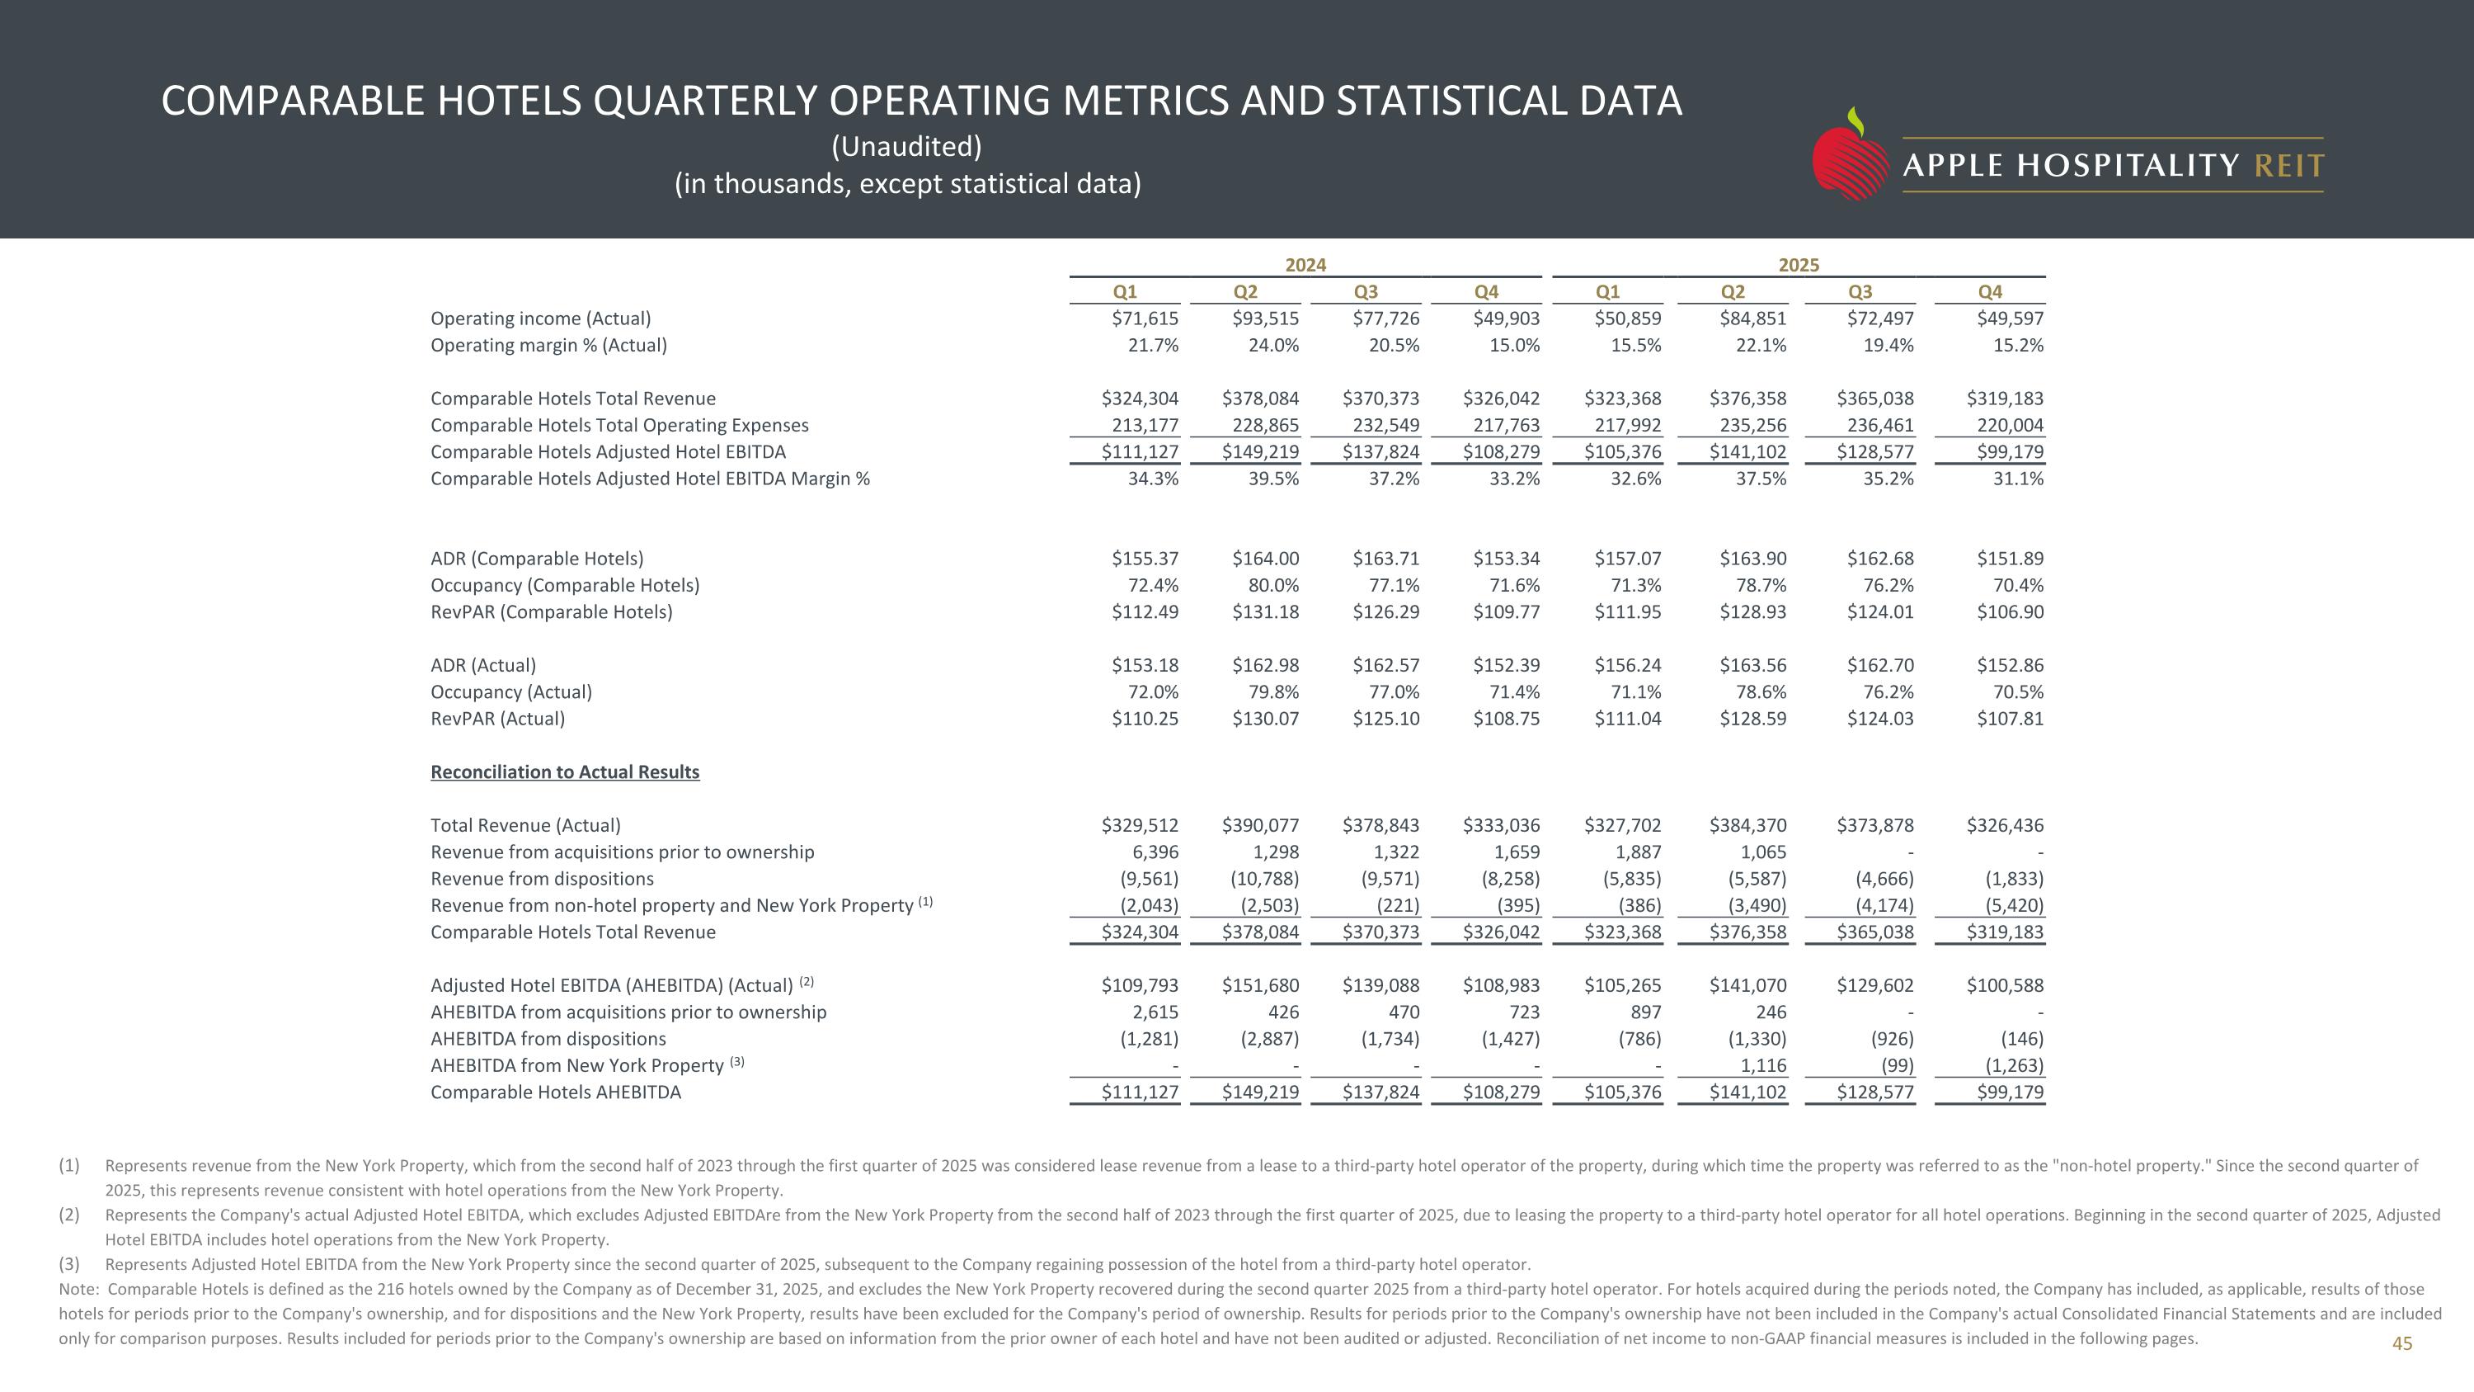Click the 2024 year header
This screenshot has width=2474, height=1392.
pyautogui.click(x=1305, y=265)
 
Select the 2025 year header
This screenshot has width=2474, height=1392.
pyautogui.click(x=1798, y=265)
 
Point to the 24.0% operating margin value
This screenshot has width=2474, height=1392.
pyautogui.click(x=1272, y=346)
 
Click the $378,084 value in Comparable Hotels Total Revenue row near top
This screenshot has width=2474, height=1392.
pyautogui.click(x=1260, y=399)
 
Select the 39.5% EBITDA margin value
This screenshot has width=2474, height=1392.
pyautogui.click(x=1272, y=479)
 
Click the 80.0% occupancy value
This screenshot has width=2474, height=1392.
pyautogui.click(x=1272, y=585)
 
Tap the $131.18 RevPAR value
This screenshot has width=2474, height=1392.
pyautogui.click(x=1265, y=612)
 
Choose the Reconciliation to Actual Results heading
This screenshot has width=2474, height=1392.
pyautogui.click(x=565, y=772)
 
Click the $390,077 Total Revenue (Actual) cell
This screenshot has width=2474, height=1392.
pyautogui.click(x=1260, y=825)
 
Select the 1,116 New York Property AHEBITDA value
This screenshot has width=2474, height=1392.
pyautogui.click(x=1762, y=1065)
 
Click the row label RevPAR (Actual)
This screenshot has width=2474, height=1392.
pyautogui.click(x=497, y=719)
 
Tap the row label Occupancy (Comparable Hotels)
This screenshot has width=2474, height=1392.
pyautogui.click(x=565, y=585)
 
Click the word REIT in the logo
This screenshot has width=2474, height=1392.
pyautogui.click(x=2288, y=166)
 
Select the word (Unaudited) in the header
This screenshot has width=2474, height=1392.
pyautogui.click(x=905, y=147)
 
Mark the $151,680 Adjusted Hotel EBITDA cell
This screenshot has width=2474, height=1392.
pyautogui.click(x=1260, y=986)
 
